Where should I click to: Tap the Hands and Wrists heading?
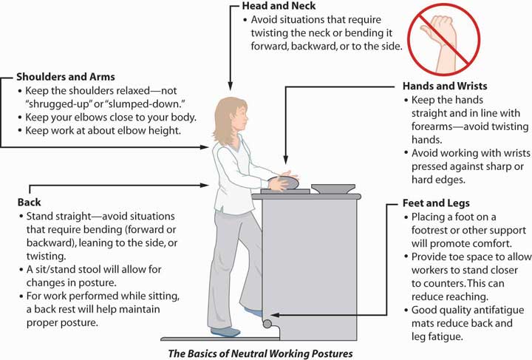pyautogui.click(x=445, y=86)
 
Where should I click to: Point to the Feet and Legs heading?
pyautogui.click(x=437, y=203)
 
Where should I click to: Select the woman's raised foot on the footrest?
pyautogui.click(x=254, y=313)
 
